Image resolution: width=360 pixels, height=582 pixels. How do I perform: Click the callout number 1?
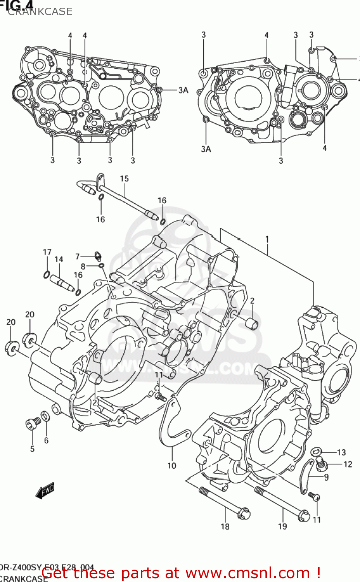coord(267,239)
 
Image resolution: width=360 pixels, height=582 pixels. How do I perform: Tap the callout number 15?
coord(124,178)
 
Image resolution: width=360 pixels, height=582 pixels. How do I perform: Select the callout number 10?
coord(171,466)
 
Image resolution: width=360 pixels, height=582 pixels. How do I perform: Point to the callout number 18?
coord(225,527)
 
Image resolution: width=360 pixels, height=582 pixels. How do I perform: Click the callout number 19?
coord(282,526)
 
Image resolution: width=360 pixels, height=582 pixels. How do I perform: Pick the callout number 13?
coord(341,452)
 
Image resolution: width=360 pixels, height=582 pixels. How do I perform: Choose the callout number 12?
coord(348,464)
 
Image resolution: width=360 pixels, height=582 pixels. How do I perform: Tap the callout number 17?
coord(47,252)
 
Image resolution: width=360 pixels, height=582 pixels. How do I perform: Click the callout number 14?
coord(59,259)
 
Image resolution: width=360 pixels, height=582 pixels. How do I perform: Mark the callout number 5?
coord(32,449)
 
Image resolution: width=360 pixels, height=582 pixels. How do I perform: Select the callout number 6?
coord(46,440)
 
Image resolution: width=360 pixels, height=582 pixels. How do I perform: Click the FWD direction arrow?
coord(45,490)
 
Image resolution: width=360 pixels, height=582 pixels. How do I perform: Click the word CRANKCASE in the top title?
coord(40,12)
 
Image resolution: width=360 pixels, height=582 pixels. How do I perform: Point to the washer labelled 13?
coord(316,451)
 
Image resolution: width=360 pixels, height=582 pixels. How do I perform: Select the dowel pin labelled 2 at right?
coord(253,323)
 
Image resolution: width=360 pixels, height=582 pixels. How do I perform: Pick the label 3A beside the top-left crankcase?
coord(183,90)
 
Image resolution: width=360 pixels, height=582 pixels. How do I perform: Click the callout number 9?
coord(326,477)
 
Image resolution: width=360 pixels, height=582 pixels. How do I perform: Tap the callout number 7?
coord(77,256)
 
